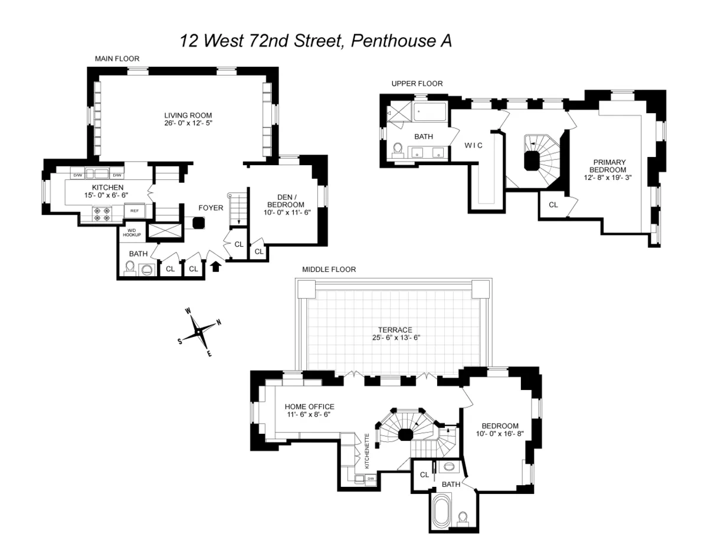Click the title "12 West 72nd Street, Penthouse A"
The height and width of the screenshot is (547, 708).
pyautogui.click(x=316, y=41)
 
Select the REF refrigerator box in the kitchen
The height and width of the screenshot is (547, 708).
pyautogui.click(x=135, y=211)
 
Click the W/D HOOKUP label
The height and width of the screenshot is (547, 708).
pyautogui.click(x=132, y=232)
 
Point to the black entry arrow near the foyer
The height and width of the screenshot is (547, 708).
pyautogui.click(x=216, y=266)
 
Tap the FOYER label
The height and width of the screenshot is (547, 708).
pyautogui.click(x=211, y=208)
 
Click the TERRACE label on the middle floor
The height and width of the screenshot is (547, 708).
pyautogui.click(x=396, y=330)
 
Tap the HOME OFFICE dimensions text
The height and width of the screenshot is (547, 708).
pyautogui.click(x=309, y=415)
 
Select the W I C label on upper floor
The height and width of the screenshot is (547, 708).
pyautogui.click(x=474, y=146)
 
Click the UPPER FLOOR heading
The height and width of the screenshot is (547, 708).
pyautogui.click(x=417, y=84)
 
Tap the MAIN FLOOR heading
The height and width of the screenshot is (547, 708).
pyautogui.click(x=117, y=59)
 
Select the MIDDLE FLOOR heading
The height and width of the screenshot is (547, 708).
pyautogui.click(x=329, y=269)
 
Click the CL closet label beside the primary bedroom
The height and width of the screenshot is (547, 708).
pyautogui.click(x=553, y=205)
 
